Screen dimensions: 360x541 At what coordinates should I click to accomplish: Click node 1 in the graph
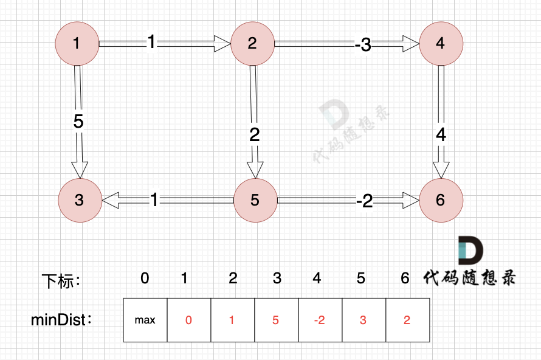77,43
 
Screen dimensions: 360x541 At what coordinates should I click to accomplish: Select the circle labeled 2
252,43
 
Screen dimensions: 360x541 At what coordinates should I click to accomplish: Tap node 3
80,200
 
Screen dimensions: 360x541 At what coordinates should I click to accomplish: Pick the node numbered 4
441,43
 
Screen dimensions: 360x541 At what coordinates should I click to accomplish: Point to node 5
255,200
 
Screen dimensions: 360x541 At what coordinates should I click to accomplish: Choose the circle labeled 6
441,200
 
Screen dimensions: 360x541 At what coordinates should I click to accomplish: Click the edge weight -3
363,44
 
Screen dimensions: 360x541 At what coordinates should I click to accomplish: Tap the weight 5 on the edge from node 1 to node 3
78,122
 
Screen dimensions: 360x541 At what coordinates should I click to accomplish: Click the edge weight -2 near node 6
365,201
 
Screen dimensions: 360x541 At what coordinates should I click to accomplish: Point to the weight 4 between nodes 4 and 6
441,135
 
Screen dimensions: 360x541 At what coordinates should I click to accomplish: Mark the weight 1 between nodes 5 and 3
154,200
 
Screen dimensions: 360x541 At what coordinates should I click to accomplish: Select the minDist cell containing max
145,320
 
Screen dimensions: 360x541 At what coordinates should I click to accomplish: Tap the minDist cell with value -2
320,320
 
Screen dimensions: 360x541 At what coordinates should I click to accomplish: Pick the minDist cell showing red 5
276,320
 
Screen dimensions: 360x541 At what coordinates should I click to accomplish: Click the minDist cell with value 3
363,320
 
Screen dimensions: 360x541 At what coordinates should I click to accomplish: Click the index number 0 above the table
145,279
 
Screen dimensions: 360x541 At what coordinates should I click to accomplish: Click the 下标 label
61,281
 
